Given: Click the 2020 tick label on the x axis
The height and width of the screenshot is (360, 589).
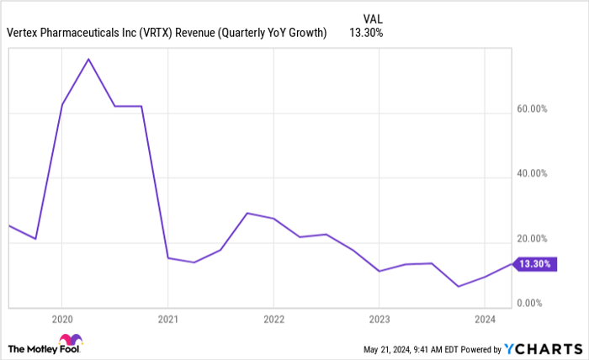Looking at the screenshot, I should (61, 320).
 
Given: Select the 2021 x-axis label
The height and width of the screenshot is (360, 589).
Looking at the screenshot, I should (167, 320).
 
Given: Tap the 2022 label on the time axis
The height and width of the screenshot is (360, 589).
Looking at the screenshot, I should (273, 320).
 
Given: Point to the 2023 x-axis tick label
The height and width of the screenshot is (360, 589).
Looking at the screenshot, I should (379, 320).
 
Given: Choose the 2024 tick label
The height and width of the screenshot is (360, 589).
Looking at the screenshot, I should (484, 320).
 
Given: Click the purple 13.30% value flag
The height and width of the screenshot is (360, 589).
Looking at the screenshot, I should (534, 264).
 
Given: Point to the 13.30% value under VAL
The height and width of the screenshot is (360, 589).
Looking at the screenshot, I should (367, 33).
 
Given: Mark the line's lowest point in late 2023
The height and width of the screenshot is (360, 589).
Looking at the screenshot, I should (458, 287).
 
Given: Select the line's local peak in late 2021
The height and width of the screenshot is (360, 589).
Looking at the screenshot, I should (247, 213).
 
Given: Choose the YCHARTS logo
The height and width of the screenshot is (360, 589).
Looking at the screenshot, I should (542, 348).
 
